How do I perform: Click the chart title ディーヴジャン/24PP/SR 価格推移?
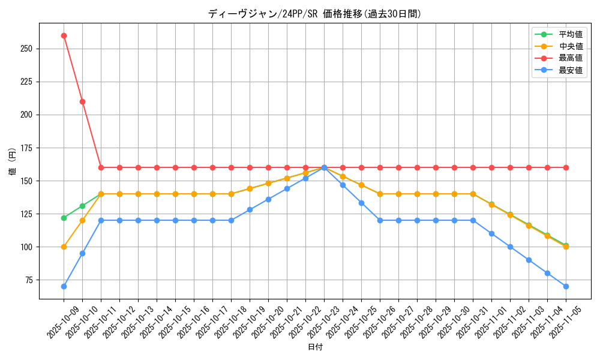[x=314, y=14]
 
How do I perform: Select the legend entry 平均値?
[x=571, y=35]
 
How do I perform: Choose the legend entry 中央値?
[x=571, y=46]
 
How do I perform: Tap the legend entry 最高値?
[x=571, y=58]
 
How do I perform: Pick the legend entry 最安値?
[x=571, y=70]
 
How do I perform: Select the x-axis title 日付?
[x=315, y=347]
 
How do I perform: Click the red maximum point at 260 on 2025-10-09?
[x=64, y=35]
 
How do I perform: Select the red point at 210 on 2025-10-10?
[x=82, y=101]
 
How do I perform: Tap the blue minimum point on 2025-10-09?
[x=64, y=286]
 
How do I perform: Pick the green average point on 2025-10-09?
[x=64, y=218]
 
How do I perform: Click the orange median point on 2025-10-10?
[x=82, y=220]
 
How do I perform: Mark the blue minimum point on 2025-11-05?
[x=566, y=286]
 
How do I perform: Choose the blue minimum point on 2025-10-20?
[x=268, y=199]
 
